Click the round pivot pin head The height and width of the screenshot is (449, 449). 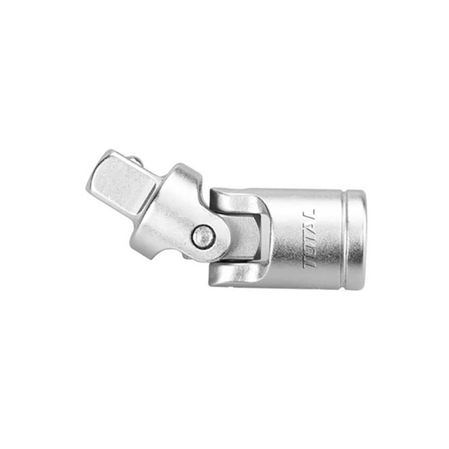point(203,236)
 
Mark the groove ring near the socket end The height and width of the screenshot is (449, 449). point(344,239)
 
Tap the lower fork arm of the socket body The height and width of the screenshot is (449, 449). point(236,273)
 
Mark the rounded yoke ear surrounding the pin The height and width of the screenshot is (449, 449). point(216,247)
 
